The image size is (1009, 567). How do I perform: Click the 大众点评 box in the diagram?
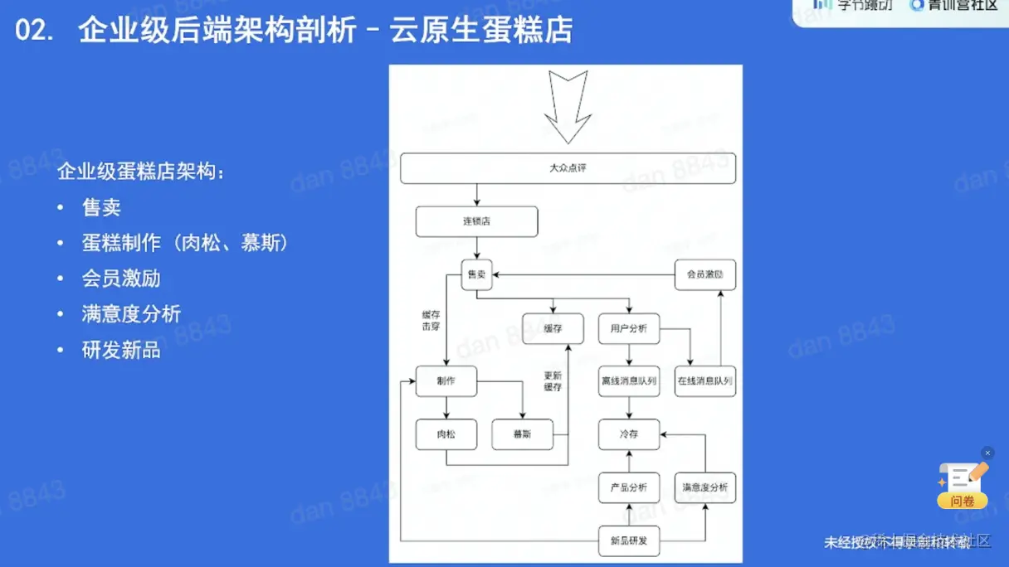[x=568, y=168]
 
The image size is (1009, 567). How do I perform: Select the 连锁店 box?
[x=476, y=221]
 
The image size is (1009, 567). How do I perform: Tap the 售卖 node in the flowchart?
[x=476, y=274]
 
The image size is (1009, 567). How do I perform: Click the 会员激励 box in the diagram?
[x=704, y=274]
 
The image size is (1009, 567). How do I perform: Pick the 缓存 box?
[x=553, y=328]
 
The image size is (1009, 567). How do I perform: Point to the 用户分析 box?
[x=628, y=328]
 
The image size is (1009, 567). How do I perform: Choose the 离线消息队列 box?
[x=628, y=381]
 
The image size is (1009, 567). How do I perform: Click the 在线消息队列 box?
[x=704, y=381]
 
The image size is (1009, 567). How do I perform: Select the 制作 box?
[x=446, y=381]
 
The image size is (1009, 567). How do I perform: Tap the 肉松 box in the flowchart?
[x=446, y=434]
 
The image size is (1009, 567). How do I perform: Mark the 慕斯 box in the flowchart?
[x=522, y=434]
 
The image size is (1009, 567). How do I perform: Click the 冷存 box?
[x=628, y=434]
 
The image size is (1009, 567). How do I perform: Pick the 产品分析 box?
[x=628, y=487]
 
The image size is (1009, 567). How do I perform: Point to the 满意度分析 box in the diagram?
[x=704, y=487]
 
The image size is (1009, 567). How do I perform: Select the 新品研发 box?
[x=628, y=540]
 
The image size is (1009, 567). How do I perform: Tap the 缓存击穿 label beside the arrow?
[x=431, y=321]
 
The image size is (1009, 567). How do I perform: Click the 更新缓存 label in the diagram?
[x=553, y=380]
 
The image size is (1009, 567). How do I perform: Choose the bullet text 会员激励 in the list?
[x=121, y=279]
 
